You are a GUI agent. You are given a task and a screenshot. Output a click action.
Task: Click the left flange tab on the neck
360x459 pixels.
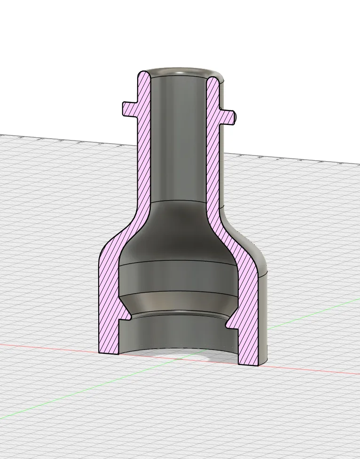pyautogui.click(x=130, y=108)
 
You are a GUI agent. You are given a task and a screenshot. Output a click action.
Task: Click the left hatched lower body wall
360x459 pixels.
pyautogui.click(x=108, y=305)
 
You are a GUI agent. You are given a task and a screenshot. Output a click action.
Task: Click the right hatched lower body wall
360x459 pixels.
pyautogui.click(x=248, y=319)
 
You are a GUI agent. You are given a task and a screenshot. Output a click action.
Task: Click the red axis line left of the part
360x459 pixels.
pyautogui.click(x=47, y=347)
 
